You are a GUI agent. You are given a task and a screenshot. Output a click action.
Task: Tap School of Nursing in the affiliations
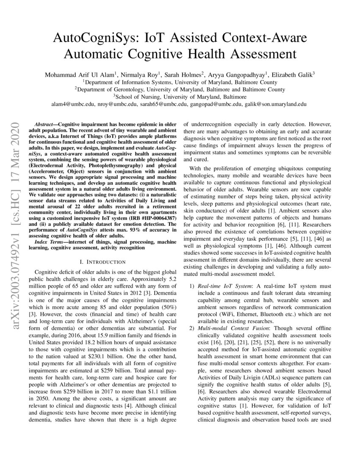point(135,96)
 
